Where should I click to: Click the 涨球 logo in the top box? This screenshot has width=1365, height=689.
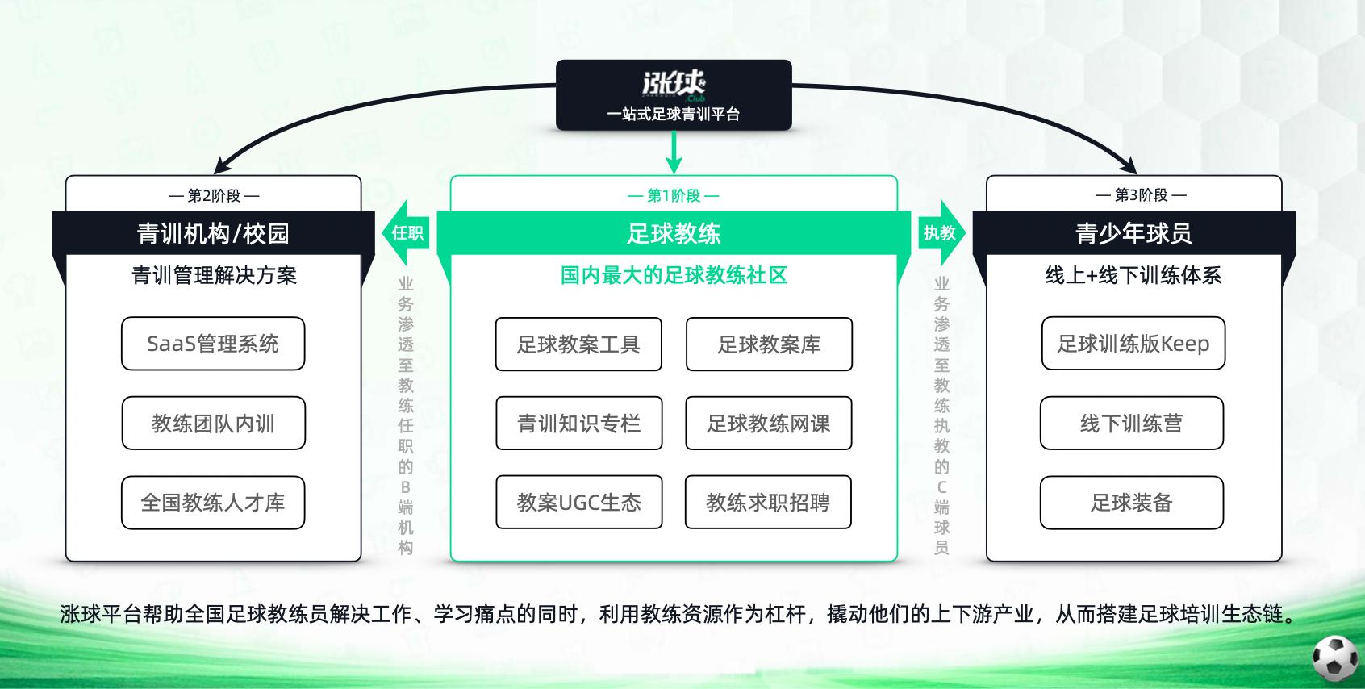[674, 84]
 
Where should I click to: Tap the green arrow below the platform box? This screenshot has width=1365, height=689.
[674, 152]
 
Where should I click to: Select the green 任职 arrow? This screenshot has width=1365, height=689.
[406, 233]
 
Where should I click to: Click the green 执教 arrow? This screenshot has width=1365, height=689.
[941, 233]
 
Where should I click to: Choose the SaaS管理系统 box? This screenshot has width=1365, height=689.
[213, 344]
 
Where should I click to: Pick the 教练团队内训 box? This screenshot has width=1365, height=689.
[213, 423]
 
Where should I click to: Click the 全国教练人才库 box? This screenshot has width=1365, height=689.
[213, 503]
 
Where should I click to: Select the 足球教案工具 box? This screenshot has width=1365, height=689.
[578, 344]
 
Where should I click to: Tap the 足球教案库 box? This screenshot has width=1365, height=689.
[769, 344]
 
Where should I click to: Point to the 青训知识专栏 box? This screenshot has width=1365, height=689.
[578, 424]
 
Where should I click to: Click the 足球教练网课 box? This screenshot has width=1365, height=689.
[768, 424]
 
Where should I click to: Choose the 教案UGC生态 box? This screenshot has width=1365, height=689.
[578, 503]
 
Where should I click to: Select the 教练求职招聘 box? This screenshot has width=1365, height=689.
[768, 503]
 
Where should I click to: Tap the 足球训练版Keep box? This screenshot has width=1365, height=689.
[1133, 344]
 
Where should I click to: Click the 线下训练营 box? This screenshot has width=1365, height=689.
[1131, 423]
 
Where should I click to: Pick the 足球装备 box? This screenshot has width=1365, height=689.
[1131, 503]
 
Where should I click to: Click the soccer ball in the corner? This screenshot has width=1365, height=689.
[1335, 658]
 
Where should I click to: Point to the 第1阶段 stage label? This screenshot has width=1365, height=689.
[674, 195]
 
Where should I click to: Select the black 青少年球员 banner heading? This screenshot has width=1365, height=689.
[1133, 233]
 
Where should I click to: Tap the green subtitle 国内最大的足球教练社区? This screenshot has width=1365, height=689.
[674, 275]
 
